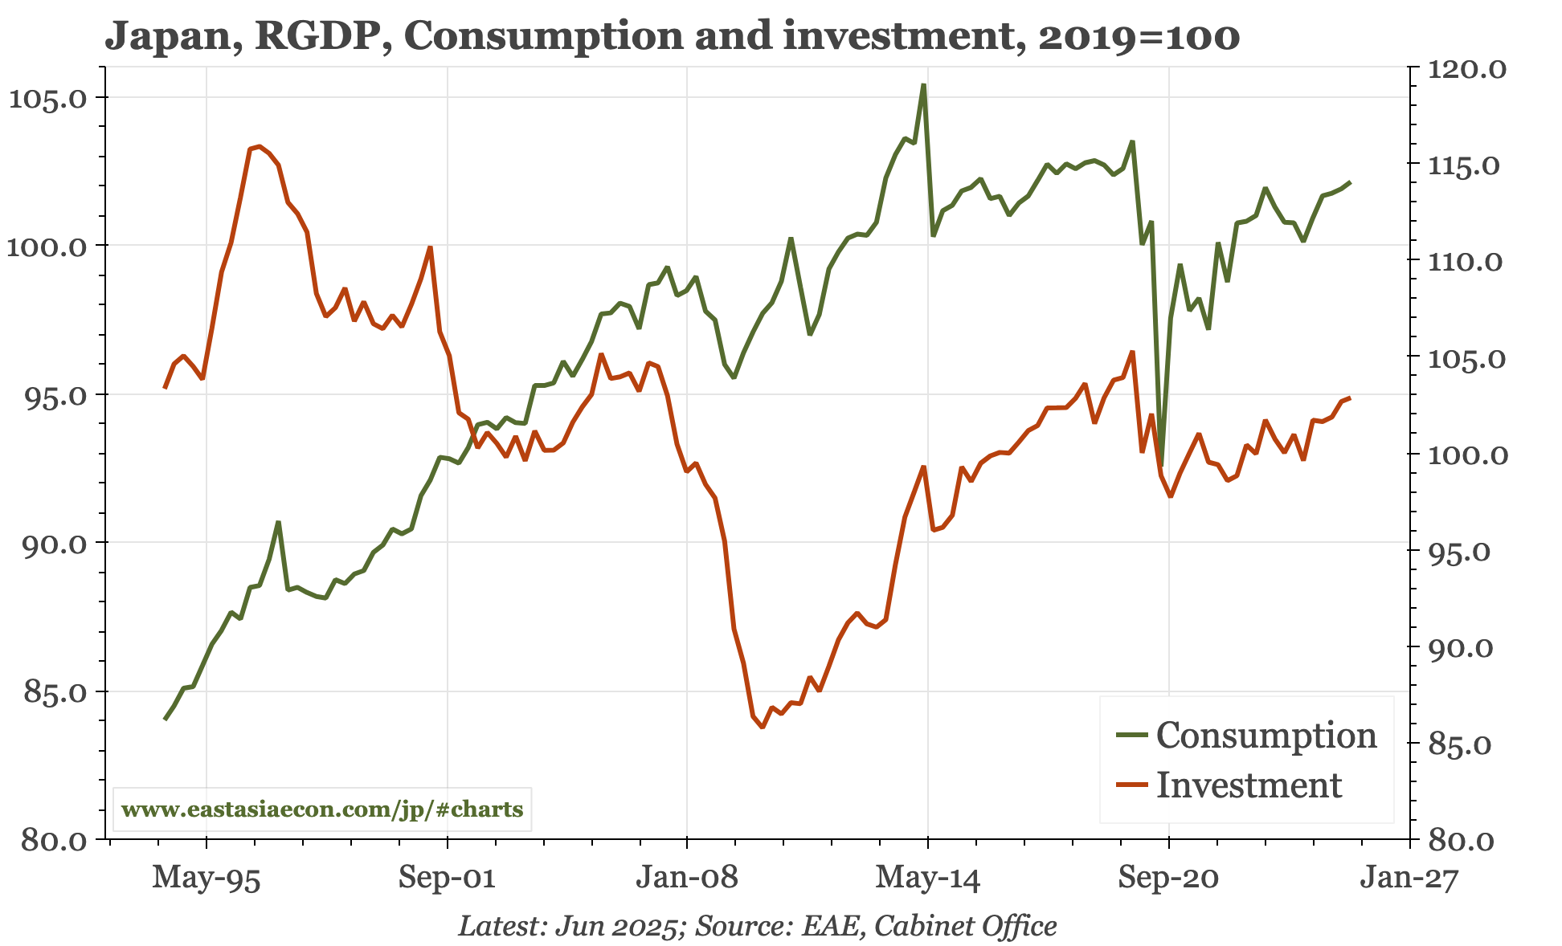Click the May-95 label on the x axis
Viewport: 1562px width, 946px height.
(x=206, y=878)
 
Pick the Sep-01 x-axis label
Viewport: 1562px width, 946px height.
(x=447, y=878)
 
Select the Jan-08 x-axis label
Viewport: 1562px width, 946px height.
(x=687, y=878)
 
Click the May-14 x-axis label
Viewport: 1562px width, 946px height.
(x=928, y=878)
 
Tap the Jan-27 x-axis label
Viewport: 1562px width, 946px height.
(x=1409, y=878)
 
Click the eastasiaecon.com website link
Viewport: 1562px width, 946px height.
(x=322, y=809)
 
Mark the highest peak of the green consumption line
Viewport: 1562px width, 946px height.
(x=924, y=84)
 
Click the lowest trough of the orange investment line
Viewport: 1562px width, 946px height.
(x=762, y=727)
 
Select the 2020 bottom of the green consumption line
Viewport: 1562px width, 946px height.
(x=1161, y=465)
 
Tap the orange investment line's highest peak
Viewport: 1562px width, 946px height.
(x=259, y=146)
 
